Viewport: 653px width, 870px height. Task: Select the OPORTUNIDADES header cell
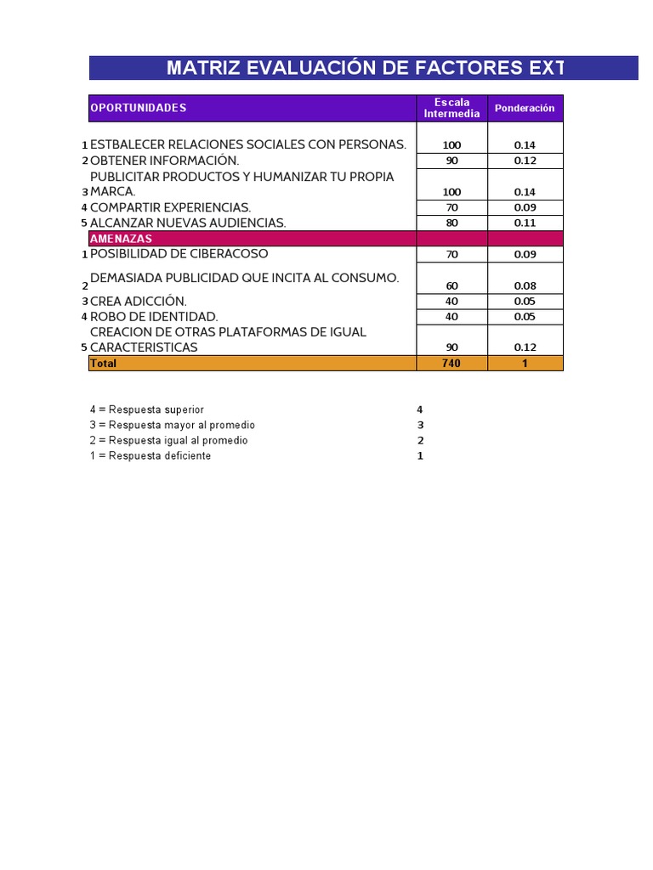(x=139, y=108)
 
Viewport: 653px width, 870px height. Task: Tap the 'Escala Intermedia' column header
(x=451, y=108)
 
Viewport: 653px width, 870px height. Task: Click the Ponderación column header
(x=525, y=108)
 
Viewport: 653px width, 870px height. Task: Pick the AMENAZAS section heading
(x=122, y=239)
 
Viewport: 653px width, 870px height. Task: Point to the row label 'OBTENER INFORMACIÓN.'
(x=165, y=161)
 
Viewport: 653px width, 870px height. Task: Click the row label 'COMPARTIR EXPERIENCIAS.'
(x=170, y=207)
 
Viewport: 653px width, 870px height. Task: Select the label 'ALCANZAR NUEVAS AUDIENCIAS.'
(x=188, y=223)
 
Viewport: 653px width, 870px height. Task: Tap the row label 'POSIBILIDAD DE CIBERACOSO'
(x=179, y=254)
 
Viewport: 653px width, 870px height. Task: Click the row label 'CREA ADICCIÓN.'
(x=139, y=301)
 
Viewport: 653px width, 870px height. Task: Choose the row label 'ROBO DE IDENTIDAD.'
(x=154, y=317)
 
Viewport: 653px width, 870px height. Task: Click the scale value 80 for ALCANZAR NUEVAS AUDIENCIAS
(x=451, y=223)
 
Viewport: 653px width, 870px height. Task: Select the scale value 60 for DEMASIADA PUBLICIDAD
(x=451, y=285)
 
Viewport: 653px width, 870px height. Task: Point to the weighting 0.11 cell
(x=525, y=223)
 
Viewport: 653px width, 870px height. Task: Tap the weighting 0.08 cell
(x=525, y=285)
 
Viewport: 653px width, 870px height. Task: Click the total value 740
(x=451, y=364)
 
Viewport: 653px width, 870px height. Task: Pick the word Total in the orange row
(x=104, y=364)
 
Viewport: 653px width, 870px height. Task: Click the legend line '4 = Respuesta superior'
(x=147, y=410)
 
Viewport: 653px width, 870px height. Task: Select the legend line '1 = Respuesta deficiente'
(x=150, y=456)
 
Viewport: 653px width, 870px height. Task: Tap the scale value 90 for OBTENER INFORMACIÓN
(x=451, y=161)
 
